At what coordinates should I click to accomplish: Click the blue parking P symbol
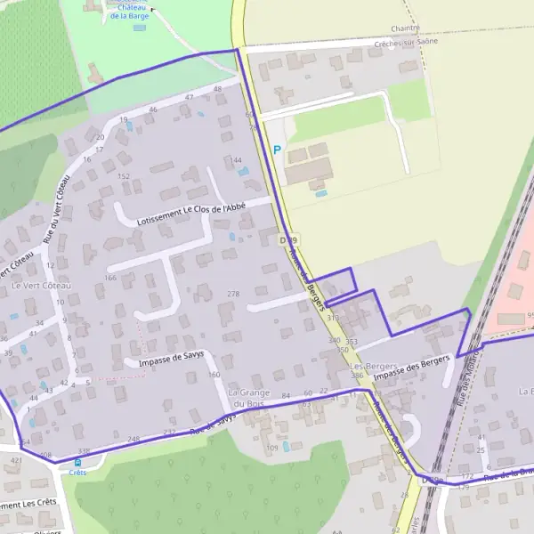[x=277, y=150]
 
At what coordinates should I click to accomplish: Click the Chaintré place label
[x=405, y=28]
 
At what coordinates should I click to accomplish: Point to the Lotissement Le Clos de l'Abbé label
[x=191, y=213]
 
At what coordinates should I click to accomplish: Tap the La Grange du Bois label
[x=247, y=398]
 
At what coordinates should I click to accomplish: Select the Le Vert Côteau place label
[x=41, y=286]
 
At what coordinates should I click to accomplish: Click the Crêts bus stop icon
[x=77, y=462]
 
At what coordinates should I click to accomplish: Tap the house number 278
[x=234, y=294]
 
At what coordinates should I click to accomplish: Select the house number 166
[x=109, y=279]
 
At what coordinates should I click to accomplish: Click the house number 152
[x=124, y=176]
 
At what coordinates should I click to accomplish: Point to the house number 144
[x=237, y=160]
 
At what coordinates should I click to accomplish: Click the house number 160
[x=214, y=375]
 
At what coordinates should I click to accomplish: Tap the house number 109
[x=273, y=447]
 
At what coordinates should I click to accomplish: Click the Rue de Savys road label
[x=212, y=422]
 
